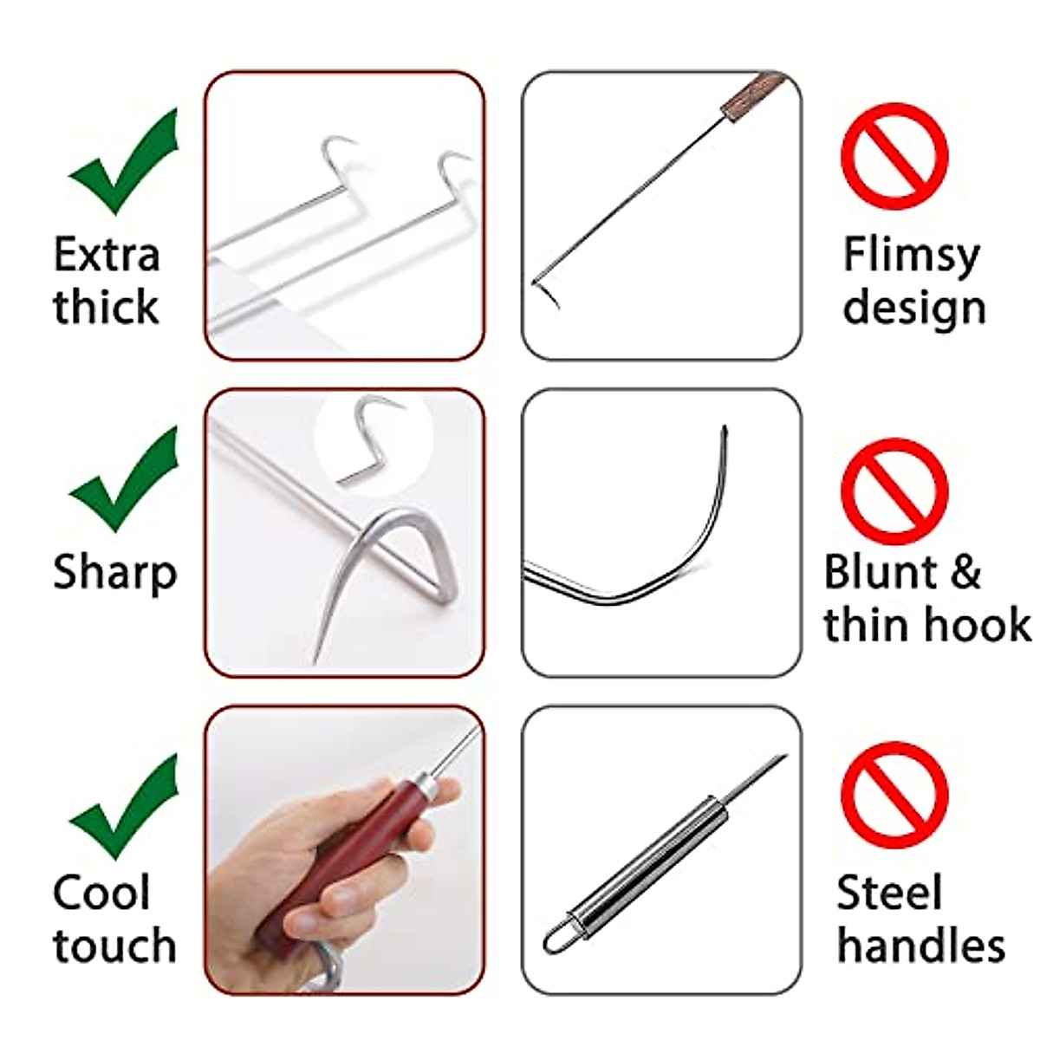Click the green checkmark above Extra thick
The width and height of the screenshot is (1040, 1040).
[x=121, y=165]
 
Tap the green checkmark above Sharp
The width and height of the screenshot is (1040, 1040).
[x=121, y=482]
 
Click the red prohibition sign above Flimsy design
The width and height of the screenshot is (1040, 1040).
[x=894, y=157]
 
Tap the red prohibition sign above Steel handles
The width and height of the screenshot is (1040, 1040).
[x=894, y=796]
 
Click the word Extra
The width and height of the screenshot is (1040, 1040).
[x=107, y=256]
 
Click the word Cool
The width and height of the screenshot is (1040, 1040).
[x=101, y=893]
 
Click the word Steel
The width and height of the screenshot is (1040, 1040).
[x=888, y=894]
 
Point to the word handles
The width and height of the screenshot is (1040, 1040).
[x=920, y=946]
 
